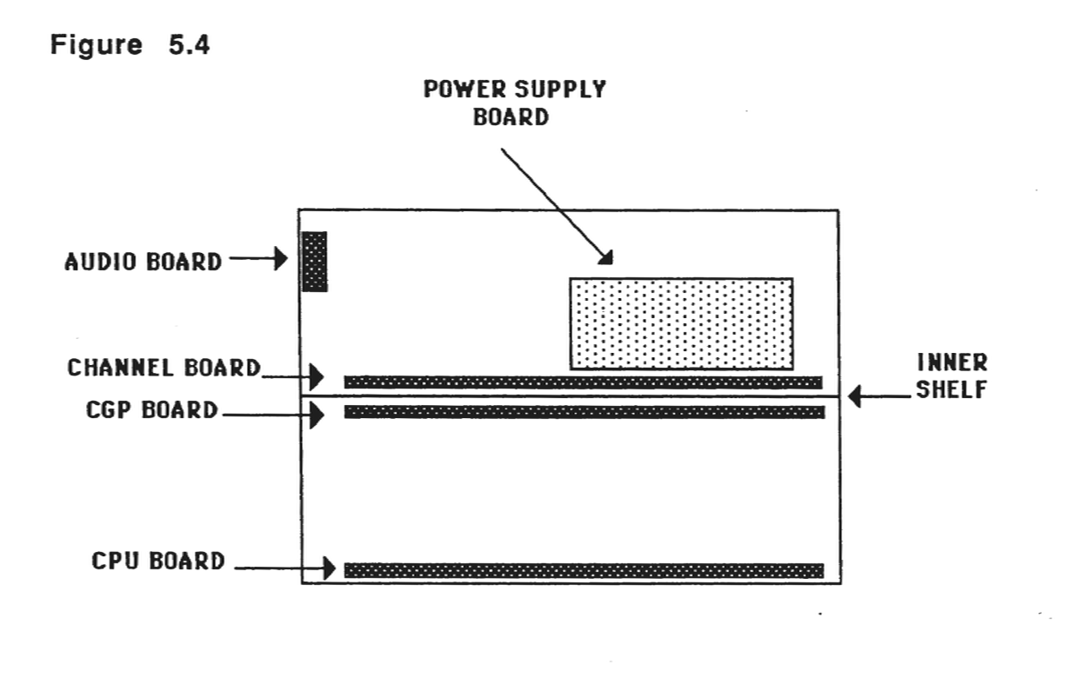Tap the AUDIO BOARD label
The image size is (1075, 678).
144,261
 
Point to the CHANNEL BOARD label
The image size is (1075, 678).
164,369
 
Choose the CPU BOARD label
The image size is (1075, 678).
158,561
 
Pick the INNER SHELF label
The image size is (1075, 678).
951,376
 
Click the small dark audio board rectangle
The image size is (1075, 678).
314,261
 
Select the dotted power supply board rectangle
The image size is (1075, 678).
681,323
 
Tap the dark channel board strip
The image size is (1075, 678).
583,382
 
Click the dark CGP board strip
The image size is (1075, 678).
584,412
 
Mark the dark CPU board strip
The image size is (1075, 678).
584,570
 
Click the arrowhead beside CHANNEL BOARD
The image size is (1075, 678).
316,377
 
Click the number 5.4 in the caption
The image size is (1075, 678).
189,46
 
